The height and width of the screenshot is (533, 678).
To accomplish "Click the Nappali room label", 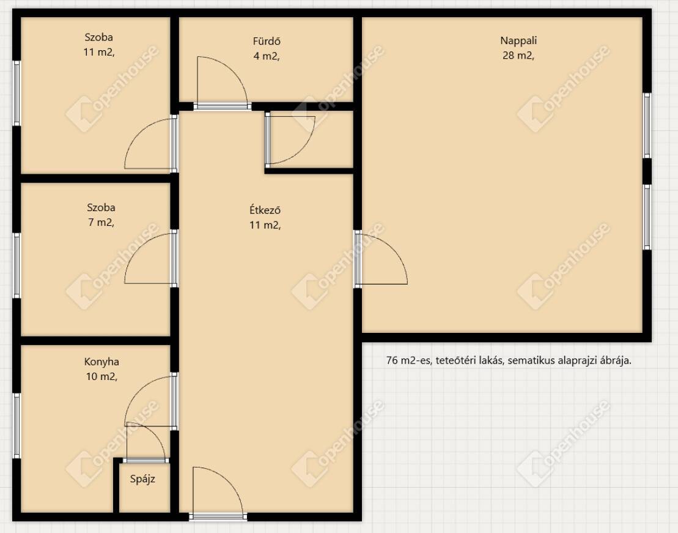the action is coord(518,41).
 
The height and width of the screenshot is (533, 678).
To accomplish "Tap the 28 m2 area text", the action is coord(518,56).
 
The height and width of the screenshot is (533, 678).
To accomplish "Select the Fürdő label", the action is coord(267,41).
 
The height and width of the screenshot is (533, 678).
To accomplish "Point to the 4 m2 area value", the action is coord(267,56).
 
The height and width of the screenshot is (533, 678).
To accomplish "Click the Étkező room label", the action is coord(265,210).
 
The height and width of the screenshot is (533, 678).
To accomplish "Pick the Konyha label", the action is coord(101,362).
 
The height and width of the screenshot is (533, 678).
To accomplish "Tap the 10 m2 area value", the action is coord(101,377).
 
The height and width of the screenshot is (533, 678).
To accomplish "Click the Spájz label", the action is coord(142,479).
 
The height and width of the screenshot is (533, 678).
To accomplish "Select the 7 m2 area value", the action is coord(101,223).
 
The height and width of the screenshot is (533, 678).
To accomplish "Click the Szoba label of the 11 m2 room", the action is coord(98,37).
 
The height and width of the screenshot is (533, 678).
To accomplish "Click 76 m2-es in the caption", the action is coord(409,360).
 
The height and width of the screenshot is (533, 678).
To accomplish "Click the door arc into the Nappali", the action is coord(395,251).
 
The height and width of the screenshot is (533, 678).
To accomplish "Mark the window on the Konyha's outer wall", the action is coord(17,426).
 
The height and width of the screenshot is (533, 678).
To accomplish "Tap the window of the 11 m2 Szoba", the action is coord(17,93).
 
